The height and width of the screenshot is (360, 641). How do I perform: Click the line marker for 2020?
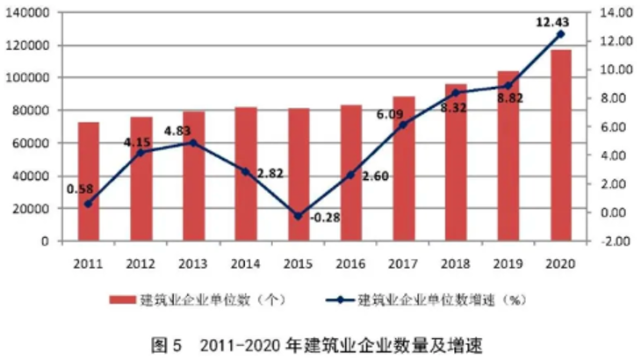[561, 34]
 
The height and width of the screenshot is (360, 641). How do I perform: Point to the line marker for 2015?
[299, 216]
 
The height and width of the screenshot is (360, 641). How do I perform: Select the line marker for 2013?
[193, 142]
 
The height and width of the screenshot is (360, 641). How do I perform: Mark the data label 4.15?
[139, 141]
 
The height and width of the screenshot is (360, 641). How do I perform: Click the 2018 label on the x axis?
[457, 263]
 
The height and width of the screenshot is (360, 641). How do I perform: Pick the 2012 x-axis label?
[140, 263]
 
